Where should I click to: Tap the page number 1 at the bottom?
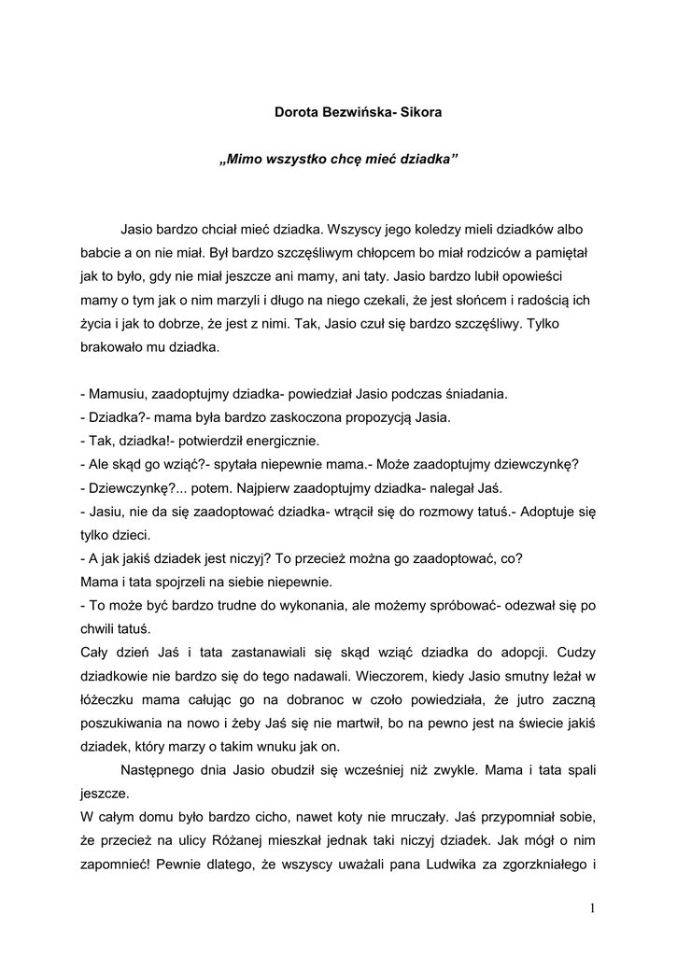click(x=593, y=907)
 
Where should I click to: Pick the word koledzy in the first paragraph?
click(x=441, y=229)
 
